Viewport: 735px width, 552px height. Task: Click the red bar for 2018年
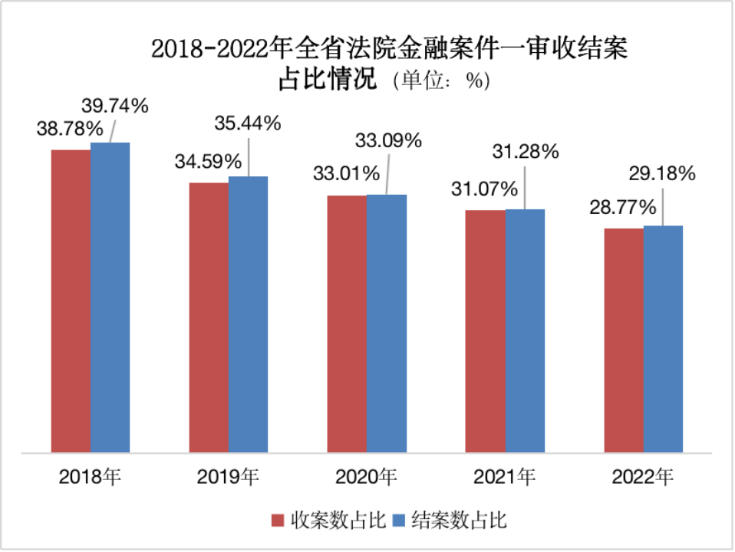71,301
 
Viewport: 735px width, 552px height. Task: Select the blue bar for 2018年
110,297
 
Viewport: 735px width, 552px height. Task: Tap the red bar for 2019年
209,317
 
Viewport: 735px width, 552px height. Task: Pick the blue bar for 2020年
386,323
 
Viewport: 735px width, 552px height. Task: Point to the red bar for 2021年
486,330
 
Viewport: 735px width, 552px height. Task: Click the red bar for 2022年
624,340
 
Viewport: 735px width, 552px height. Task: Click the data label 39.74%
114,107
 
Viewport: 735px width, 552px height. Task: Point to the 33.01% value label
346,173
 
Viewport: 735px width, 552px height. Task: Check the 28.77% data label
622,207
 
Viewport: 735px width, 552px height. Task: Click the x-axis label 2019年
228,477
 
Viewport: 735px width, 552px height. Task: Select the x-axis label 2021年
504,477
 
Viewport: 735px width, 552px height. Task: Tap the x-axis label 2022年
643,477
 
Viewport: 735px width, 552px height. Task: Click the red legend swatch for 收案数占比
279,521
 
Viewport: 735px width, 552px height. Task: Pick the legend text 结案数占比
459,521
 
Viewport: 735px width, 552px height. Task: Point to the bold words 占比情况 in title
328,79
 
